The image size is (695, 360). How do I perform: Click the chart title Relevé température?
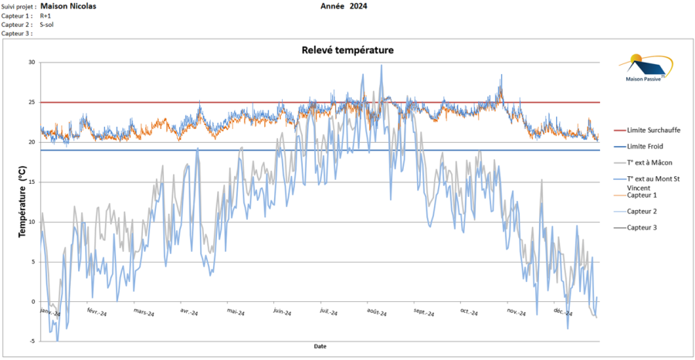click(x=347, y=50)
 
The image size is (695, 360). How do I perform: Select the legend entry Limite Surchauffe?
click(x=653, y=130)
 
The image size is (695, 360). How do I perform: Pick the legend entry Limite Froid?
click(x=645, y=146)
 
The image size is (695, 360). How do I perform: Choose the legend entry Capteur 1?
click(x=642, y=195)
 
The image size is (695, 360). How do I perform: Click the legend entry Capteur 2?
click(x=642, y=211)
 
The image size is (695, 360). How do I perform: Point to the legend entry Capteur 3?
click(x=642, y=227)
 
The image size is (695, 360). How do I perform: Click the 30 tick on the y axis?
click(x=32, y=63)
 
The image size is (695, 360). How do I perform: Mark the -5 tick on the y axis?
click(x=32, y=341)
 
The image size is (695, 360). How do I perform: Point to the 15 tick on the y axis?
click(x=32, y=182)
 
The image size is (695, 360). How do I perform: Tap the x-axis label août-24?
click(x=377, y=313)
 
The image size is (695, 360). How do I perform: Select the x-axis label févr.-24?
click(x=97, y=313)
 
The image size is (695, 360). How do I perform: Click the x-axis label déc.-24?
click(x=563, y=313)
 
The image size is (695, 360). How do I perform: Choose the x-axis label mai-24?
click(x=236, y=313)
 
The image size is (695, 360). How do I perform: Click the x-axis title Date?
click(x=320, y=346)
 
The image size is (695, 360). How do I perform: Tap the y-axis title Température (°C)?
click(x=22, y=202)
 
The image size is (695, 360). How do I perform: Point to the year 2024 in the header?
click(x=358, y=6)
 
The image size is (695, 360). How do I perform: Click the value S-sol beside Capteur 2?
click(x=47, y=25)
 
